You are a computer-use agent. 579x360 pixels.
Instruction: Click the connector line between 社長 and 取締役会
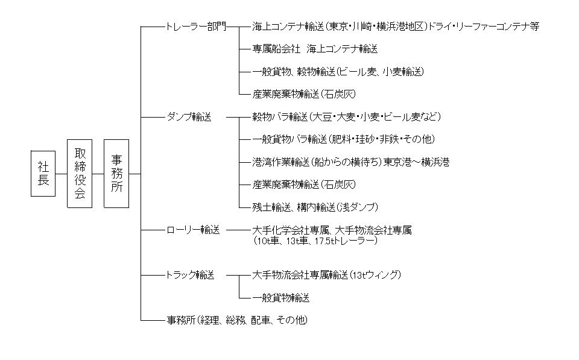(x=62, y=174)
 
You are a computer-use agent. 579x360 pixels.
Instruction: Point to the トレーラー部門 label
(x=196, y=27)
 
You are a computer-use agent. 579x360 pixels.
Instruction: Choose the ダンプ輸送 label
(x=189, y=117)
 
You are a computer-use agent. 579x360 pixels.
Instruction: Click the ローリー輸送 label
(x=193, y=230)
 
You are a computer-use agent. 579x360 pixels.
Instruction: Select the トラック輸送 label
(x=190, y=275)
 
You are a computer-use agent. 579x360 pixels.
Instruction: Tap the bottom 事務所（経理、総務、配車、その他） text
(x=237, y=320)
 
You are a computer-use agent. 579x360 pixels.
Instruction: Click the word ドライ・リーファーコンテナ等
(x=484, y=27)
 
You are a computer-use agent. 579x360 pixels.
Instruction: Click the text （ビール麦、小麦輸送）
(x=380, y=72)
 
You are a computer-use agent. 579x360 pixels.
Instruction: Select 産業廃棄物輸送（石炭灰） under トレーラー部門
(x=304, y=94)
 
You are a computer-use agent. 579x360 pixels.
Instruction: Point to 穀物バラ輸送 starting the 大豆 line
(x=280, y=117)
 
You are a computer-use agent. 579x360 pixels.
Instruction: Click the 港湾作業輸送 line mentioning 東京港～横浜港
(x=351, y=162)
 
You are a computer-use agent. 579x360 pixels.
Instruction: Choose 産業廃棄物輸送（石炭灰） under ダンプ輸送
(x=304, y=185)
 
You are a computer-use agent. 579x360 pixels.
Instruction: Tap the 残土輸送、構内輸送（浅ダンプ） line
(x=315, y=207)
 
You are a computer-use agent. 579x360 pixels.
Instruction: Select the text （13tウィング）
(x=375, y=275)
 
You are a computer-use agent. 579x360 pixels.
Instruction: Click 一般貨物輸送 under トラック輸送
(x=281, y=298)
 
